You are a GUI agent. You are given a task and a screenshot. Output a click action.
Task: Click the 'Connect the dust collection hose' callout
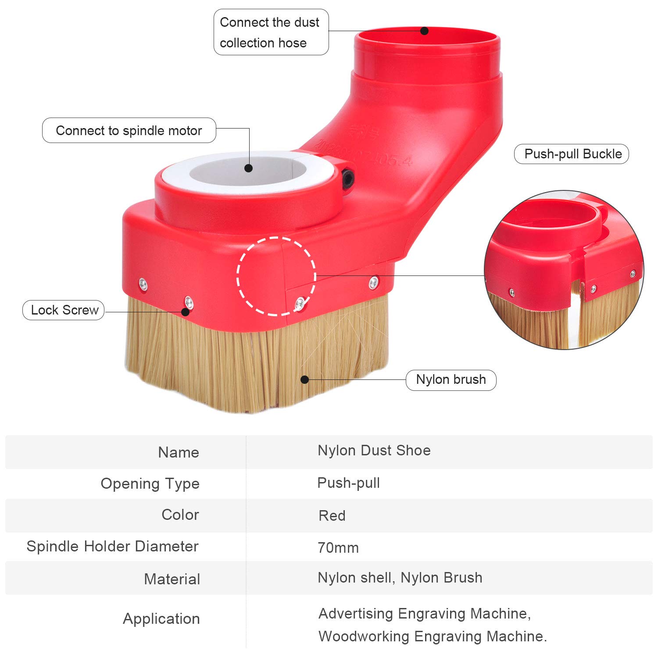tap(271, 32)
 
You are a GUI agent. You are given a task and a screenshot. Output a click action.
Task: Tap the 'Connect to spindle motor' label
tap(129, 130)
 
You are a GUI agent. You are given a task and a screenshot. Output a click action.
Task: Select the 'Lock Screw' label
tap(63, 310)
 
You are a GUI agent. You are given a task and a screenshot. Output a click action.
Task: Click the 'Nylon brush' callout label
tap(451, 379)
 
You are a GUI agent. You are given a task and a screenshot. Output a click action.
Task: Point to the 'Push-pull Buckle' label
tap(572, 154)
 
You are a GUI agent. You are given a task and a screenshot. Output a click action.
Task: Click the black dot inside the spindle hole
tap(249, 168)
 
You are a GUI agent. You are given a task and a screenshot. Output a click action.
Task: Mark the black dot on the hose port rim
tap(424, 31)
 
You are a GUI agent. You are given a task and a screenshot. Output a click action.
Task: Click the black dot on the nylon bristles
tap(305, 379)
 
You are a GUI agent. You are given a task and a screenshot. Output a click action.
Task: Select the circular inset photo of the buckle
tap(564, 270)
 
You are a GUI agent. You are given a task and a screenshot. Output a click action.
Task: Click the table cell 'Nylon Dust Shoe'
tap(374, 451)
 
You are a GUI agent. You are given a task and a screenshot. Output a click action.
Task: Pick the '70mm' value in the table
tap(338, 548)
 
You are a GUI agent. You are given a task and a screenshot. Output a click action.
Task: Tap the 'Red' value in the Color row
tap(332, 515)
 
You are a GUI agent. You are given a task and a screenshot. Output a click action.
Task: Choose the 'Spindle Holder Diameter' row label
tap(113, 546)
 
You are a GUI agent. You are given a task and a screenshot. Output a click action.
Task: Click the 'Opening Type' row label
tap(150, 484)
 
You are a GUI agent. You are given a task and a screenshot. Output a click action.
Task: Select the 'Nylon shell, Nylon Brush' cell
tap(400, 578)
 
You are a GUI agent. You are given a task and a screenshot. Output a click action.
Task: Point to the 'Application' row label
tap(161, 619)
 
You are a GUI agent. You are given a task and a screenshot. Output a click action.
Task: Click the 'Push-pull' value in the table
tap(349, 483)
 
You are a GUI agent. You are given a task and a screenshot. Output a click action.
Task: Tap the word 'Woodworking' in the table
tap(364, 637)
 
